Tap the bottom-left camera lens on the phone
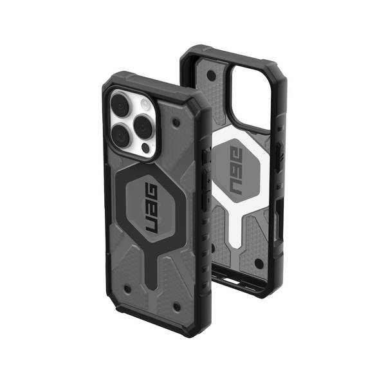point(120,134)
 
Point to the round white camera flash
point(146,103)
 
